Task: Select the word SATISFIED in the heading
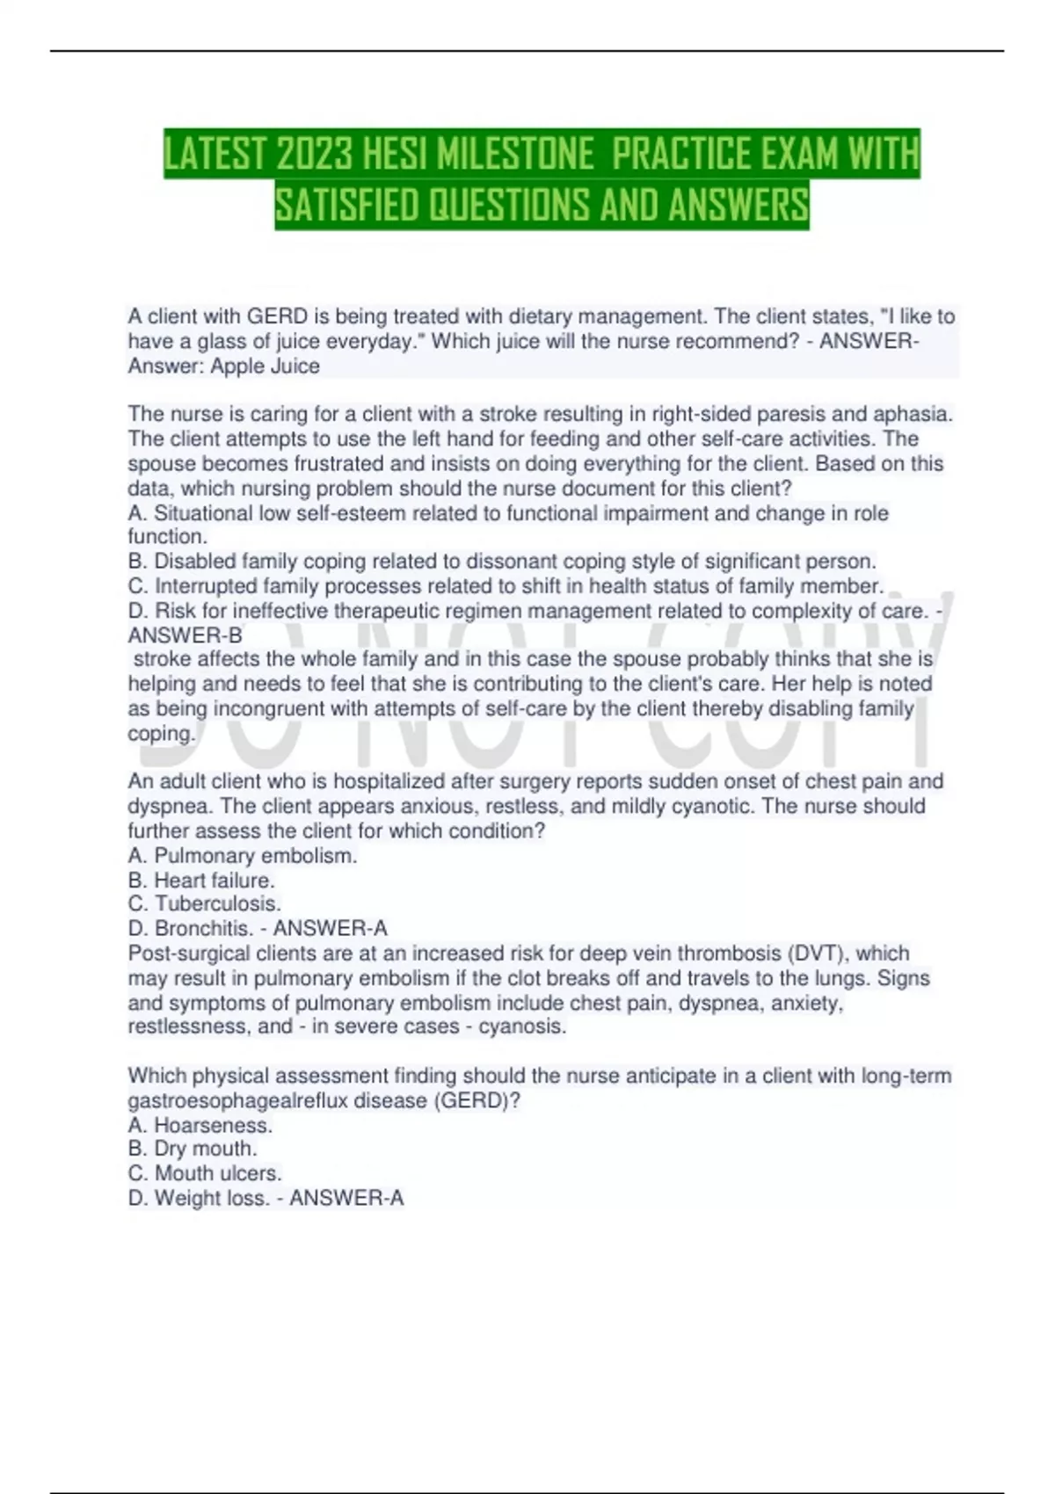tap(346, 206)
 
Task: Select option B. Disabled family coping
tap(502, 562)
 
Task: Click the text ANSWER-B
tap(185, 635)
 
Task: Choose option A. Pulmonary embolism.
tap(243, 856)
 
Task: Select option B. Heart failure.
tap(201, 881)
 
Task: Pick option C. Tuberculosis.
tap(205, 904)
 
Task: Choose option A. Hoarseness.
tap(200, 1126)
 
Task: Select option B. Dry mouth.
tap(193, 1150)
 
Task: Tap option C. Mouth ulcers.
tap(205, 1174)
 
